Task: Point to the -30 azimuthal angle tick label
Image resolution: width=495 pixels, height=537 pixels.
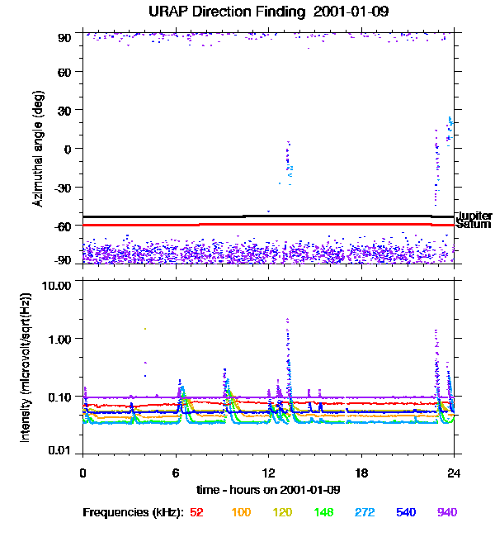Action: click(x=62, y=188)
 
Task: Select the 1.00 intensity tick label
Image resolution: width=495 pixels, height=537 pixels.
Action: click(x=60, y=339)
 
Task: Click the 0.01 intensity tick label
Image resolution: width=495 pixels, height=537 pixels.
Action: click(x=60, y=450)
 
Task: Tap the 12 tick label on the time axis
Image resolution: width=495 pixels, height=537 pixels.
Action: click(x=268, y=473)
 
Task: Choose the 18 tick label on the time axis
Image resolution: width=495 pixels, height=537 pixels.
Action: click(x=361, y=473)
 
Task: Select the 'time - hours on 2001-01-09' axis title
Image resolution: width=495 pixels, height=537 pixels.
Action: click(x=268, y=489)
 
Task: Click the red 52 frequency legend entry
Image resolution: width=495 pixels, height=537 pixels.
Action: click(x=196, y=512)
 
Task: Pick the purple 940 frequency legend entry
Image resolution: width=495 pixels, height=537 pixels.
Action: click(x=446, y=512)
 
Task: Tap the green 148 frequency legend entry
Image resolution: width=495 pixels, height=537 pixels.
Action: click(x=322, y=512)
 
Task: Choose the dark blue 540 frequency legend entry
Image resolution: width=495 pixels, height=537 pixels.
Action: click(x=405, y=512)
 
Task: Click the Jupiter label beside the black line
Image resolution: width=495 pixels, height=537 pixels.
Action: click(x=474, y=216)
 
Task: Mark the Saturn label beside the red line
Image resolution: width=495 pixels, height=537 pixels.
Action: click(x=473, y=224)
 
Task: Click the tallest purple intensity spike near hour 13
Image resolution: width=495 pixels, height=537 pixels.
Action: click(x=287, y=321)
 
